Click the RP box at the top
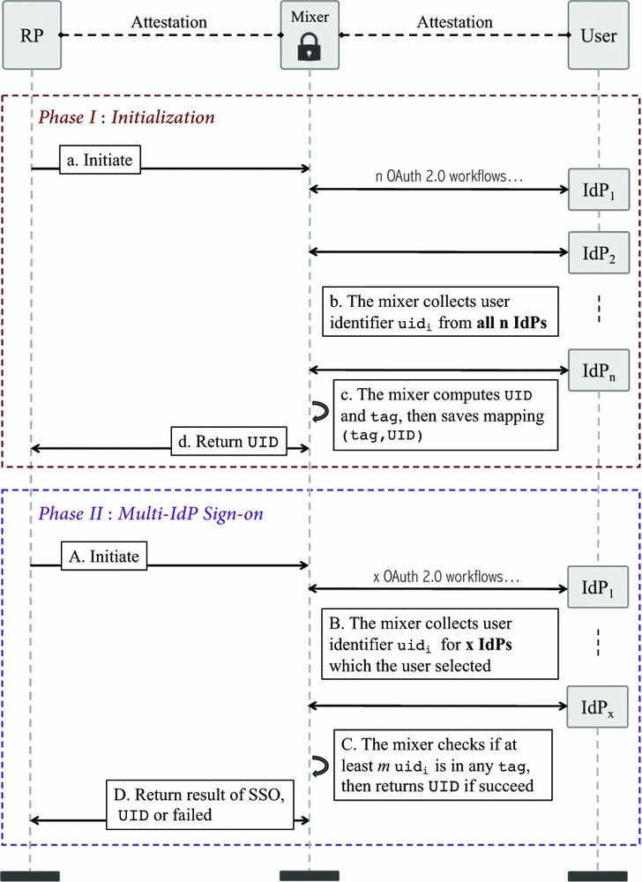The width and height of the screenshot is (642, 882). click(31, 37)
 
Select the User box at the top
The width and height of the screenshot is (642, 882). click(599, 37)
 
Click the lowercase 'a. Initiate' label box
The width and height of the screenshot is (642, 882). click(103, 160)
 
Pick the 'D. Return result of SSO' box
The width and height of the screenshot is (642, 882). click(199, 804)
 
